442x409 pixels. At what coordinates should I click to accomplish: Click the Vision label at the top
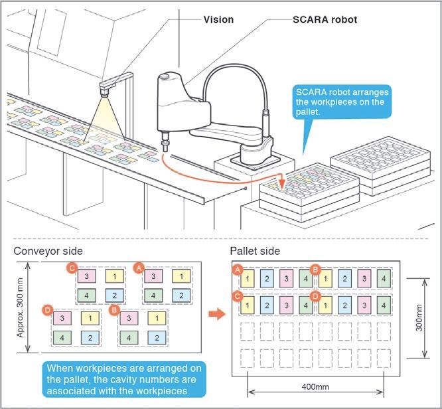click(218, 20)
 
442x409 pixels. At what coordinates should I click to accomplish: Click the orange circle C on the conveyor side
click(72, 268)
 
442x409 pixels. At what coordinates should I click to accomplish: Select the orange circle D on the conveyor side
click(47, 309)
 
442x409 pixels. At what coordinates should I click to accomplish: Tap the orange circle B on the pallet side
click(316, 269)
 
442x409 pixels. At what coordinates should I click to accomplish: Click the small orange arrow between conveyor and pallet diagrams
click(214, 313)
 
